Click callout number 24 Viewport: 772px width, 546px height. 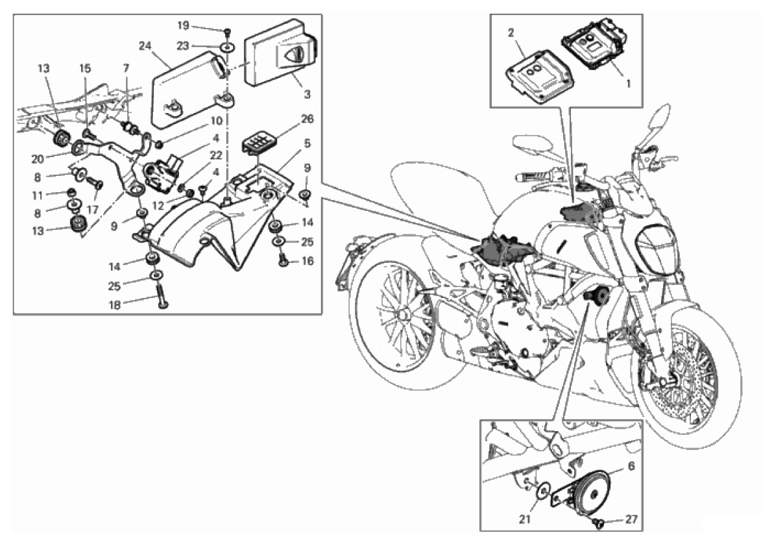pos(144,46)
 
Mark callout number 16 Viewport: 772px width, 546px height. pos(307,262)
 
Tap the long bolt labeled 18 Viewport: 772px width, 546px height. pos(159,301)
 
